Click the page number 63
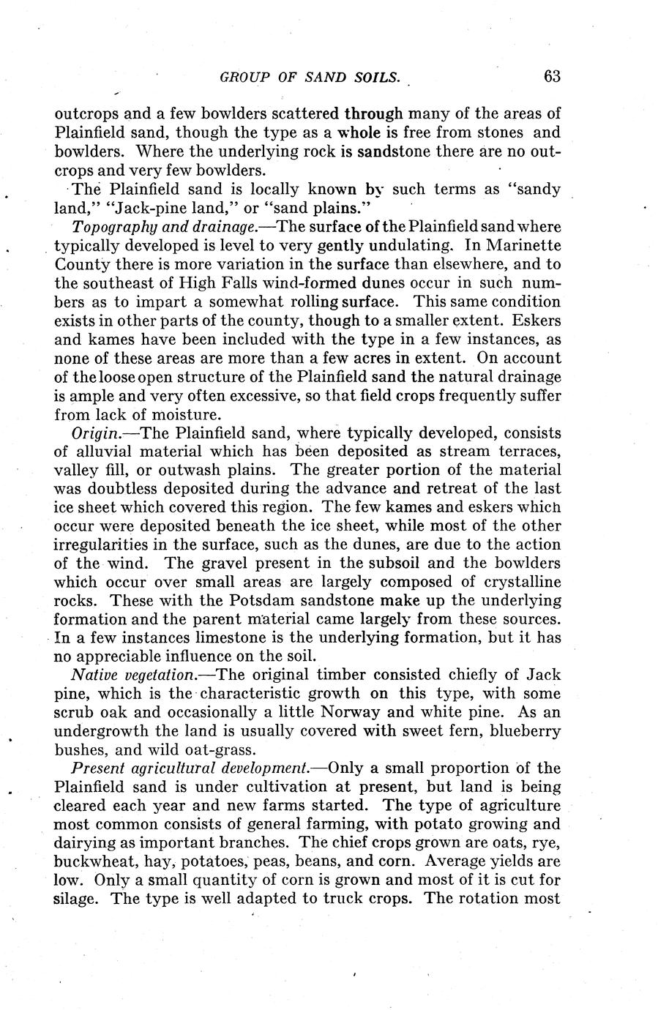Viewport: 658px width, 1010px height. coord(551,76)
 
